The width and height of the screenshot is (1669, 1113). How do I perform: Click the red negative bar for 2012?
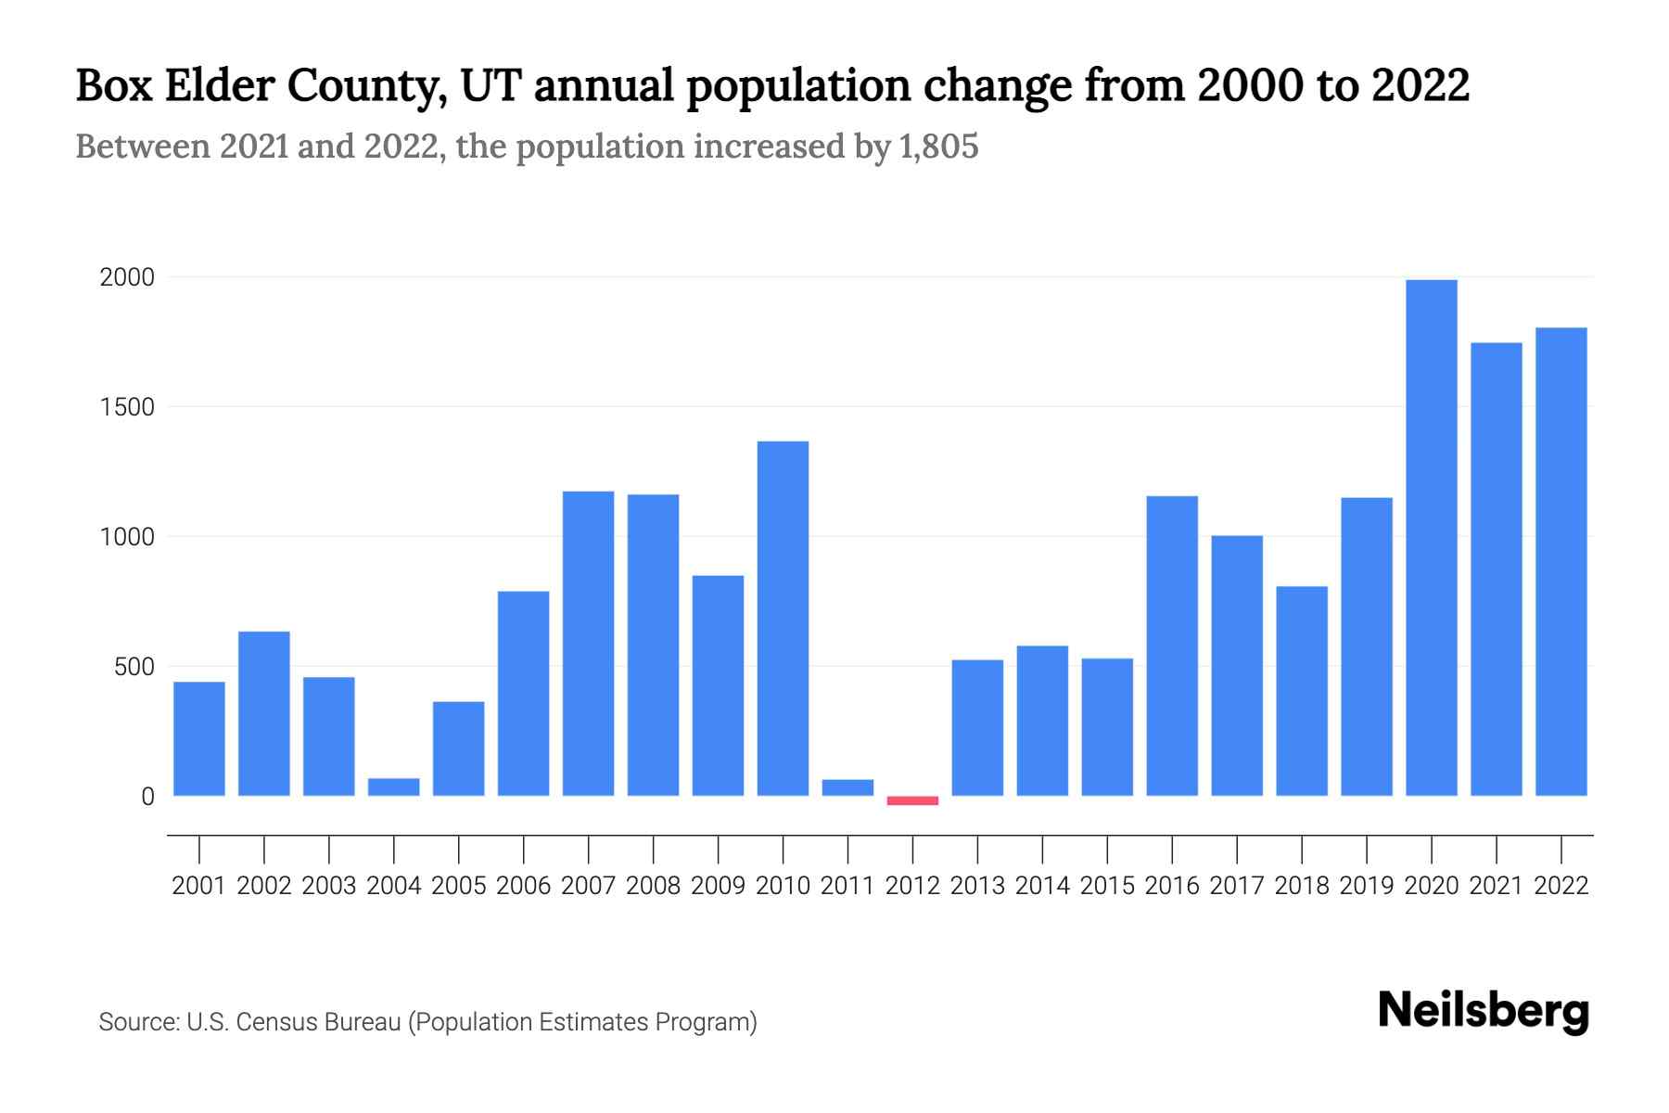(x=912, y=800)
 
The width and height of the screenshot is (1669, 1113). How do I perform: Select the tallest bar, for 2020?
(x=1431, y=538)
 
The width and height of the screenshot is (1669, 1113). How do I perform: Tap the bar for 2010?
(x=783, y=619)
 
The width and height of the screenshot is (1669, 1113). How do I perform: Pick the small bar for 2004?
(x=393, y=787)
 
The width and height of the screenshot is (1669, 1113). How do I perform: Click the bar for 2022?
(x=1561, y=561)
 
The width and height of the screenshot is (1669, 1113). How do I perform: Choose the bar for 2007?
(x=588, y=644)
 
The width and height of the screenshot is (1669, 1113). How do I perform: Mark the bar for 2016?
(x=1171, y=646)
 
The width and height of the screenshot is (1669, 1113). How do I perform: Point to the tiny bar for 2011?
(x=847, y=787)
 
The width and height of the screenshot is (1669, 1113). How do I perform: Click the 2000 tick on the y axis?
(x=127, y=277)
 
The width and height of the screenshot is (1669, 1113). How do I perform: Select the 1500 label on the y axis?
(x=127, y=407)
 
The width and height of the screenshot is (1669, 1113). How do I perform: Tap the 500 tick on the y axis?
(x=134, y=667)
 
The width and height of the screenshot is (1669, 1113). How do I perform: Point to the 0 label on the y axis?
(x=147, y=797)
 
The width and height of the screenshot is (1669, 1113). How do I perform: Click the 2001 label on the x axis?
(x=198, y=886)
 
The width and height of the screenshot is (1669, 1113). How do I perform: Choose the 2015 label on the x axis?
(x=1107, y=886)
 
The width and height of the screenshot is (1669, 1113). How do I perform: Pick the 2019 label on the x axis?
(x=1366, y=886)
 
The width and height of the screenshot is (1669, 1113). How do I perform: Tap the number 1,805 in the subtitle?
(x=937, y=147)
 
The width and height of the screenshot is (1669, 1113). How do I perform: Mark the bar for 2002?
(x=263, y=713)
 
